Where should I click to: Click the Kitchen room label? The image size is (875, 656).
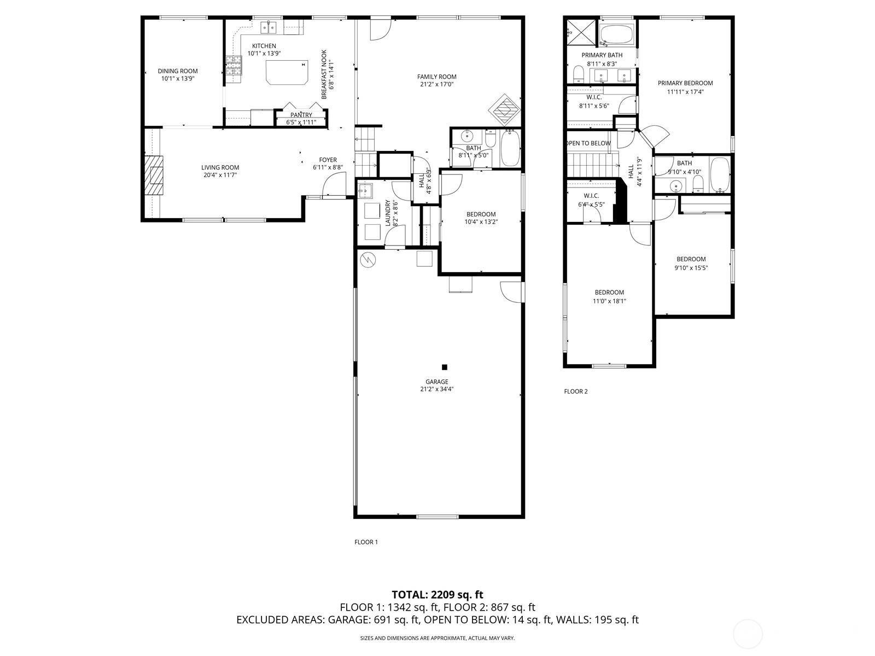tap(264, 46)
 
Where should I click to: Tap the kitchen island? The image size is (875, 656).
tap(287, 72)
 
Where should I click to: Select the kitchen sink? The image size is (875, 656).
tap(269, 27)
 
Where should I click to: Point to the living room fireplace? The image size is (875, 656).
tap(154, 175)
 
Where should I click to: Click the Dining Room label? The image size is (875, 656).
tap(178, 71)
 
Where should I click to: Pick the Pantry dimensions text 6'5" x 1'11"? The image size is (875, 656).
tap(301, 122)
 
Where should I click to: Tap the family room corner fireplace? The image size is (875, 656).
tap(505, 110)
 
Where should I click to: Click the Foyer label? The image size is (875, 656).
tap(328, 160)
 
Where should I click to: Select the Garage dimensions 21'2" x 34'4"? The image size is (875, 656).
tap(437, 389)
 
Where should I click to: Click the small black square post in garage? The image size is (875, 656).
tap(445, 367)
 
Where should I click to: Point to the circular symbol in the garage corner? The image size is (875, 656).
tap(367, 260)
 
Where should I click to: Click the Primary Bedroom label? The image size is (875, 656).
tap(685, 83)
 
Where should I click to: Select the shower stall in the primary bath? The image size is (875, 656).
tap(575, 32)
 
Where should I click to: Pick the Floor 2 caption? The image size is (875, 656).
tap(576, 391)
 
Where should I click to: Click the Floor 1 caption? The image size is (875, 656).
tap(366, 542)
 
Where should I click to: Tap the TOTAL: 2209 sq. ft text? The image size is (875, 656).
tap(437, 594)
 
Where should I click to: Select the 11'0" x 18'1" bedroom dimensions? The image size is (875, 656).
tap(609, 301)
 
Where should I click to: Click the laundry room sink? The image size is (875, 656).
tap(365, 191)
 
